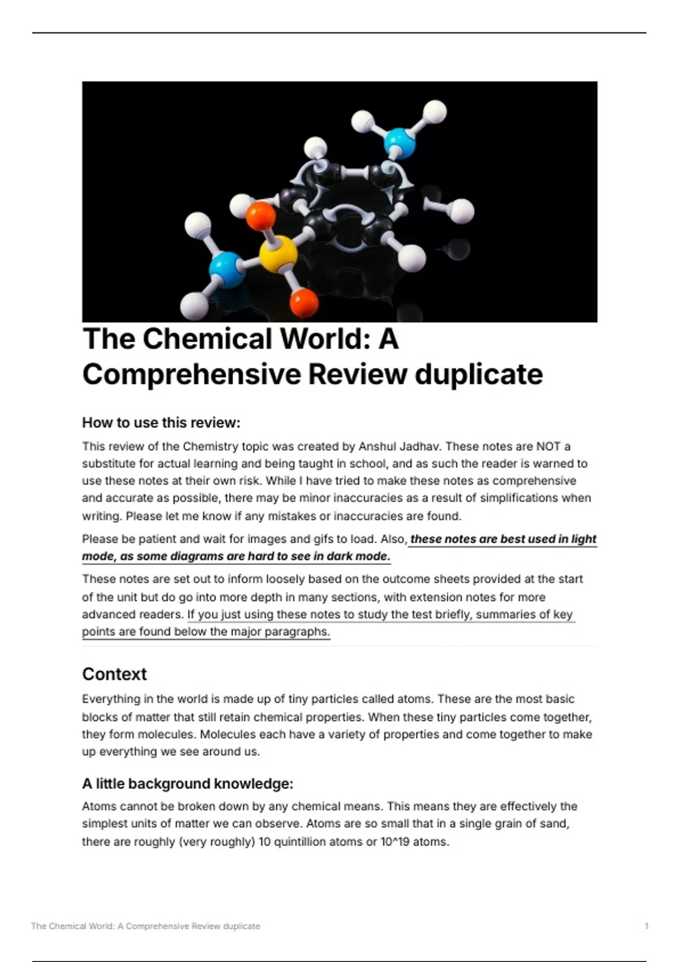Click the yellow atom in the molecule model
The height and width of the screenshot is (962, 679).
pyautogui.click(x=278, y=254)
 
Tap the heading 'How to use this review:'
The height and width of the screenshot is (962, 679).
pyautogui.click(x=161, y=423)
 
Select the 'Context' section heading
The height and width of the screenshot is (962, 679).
pyautogui.click(x=114, y=674)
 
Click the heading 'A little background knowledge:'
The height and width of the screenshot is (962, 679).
pyautogui.click(x=188, y=784)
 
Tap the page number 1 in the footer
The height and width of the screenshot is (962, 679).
pyautogui.click(x=646, y=926)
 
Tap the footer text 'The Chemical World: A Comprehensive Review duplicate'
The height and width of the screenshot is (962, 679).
pyautogui.click(x=146, y=926)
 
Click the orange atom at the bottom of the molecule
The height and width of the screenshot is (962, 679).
pyautogui.click(x=304, y=302)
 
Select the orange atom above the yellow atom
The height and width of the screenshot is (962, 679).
pyautogui.click(x=261, y=216)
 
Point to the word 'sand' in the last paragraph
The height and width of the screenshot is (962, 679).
pyautogui.click(x=555, y=823)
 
